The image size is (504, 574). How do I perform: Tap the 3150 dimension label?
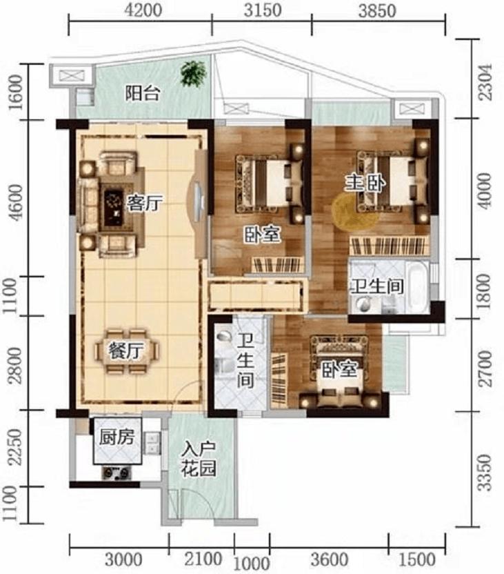coord(263,10)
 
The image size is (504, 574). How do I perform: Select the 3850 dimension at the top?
coord(377,10)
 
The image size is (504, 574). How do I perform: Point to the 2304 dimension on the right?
coord(485,82)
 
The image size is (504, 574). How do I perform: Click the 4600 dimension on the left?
coord(16,202)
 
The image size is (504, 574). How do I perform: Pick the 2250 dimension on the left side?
coord(16,448)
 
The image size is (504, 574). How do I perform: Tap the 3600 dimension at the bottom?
coord(329,560)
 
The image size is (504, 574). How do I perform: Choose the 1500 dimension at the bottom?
coord(416,560)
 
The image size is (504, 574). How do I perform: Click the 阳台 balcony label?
coord(143,93)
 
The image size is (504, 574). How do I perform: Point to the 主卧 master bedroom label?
coord(365,183)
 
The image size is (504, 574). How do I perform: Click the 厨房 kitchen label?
coord(117,437)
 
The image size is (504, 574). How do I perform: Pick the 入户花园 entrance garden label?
coord(199,459)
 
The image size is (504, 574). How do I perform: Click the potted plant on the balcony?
coord(193,74)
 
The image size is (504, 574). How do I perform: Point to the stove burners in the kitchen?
coord(117,473)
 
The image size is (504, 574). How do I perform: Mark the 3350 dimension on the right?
coord(485,472)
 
